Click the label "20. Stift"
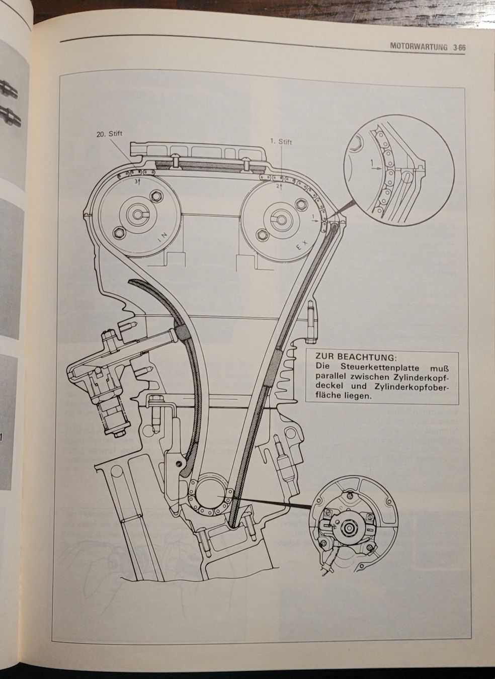pyautogui.click(x=109, y=134)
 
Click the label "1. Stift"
pyautogui.click(x=280, y=142)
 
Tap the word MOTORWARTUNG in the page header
pyautogui.click(x=419, y=47)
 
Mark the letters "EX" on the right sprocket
pyautogui.click(x=301, y=246)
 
